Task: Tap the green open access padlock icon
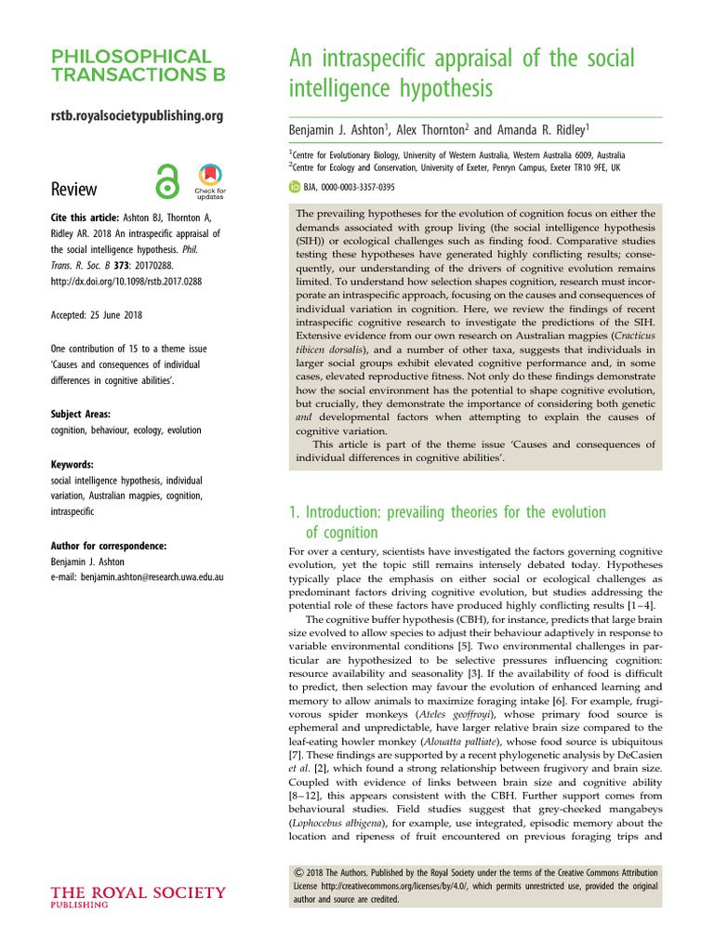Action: [x=167, y=181]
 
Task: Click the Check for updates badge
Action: [x=209, y=181]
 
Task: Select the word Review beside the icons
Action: [x=73, y=189]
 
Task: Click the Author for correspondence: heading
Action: [x=109, y=546]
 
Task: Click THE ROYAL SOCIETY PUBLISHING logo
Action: [x=138, y=898]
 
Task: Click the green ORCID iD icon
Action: [x=295, y=187]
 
